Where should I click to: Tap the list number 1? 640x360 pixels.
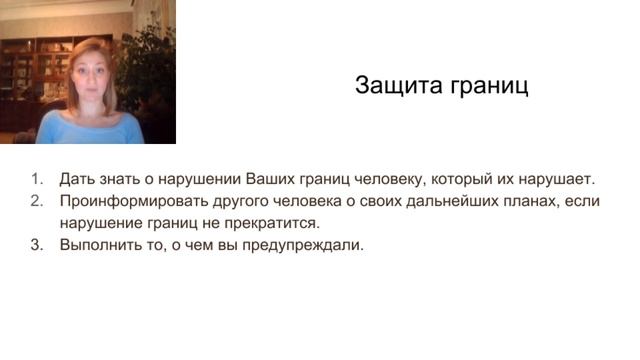(x=37, y=180)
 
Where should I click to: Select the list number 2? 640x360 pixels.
(x=37, y=201)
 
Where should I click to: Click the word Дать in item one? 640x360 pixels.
(x=75, y=180)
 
